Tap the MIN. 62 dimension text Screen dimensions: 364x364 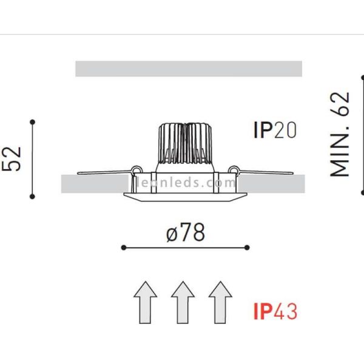(x=340, y=134)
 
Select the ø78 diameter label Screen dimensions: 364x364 (x=185, y=232)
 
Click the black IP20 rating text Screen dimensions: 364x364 (x=275, y=130)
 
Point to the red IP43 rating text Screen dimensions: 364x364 (x=275, y=312)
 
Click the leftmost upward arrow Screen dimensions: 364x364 (x=145, y=302)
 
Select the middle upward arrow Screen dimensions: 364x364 (x=183, y=302)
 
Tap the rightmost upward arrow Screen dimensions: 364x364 (x=220, y=302)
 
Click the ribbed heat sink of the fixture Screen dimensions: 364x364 (x=184, y=144)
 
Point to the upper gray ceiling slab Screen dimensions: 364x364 (x=188, y=69)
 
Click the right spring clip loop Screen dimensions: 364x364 (x=234, y=170)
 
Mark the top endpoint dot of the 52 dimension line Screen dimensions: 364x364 (x=33, y=122)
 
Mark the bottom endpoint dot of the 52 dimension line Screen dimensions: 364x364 (x=33, y=196)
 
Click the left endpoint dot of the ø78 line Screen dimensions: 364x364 (x=123, y=248)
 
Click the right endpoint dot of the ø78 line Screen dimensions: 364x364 (x=248, y=248)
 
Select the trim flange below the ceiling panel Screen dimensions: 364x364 (x=185, y=196)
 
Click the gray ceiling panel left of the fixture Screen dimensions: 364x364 (x=94, y=184)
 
